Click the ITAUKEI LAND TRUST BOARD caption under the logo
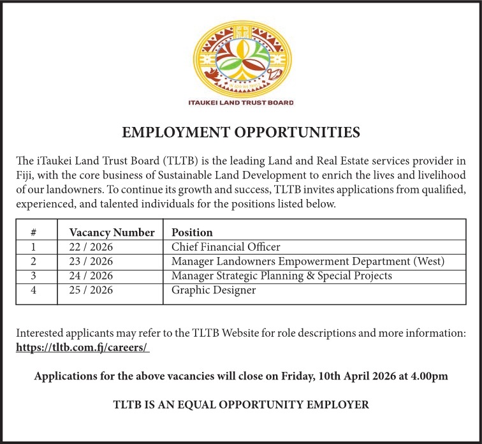pos(241,103)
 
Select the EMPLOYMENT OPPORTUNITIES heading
pos(241,133)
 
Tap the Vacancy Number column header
pos(112,232)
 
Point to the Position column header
pos(192,232)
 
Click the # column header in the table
pos(33,232)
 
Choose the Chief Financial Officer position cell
pos(226,247)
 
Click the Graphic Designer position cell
pos(214,290)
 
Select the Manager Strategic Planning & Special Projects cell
pos(282,276)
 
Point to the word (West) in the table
pos(428,262)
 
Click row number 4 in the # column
pos(33,290)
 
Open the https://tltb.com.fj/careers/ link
pos(82,348)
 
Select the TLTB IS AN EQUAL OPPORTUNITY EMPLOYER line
pos(241,404)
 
